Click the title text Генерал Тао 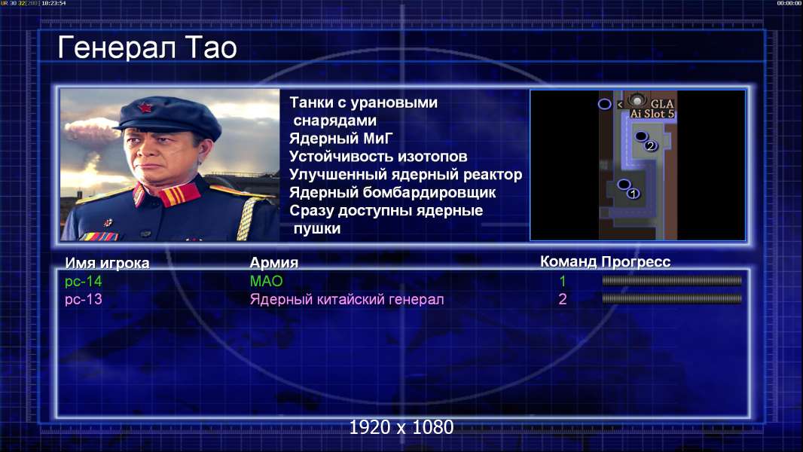tap(147, 47)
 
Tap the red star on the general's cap tap(145, 108)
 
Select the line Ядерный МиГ tap(340, 138)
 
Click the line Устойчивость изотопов tap(378, 156)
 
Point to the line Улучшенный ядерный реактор tap(405, 175)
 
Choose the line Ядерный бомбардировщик tap(392, 192)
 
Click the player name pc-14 tap(84, 281)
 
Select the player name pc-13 tap(84, 299)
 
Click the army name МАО tap(267, 281)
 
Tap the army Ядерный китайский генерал tap(347, 299)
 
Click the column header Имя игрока tap(107, 263)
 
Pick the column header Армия tap(274, 263)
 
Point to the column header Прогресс tap(636, 261)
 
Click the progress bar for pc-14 tap(672, 280)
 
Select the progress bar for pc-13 tap(672, 298)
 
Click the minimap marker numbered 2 tap(650, 146)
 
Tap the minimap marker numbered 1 tap(634, 194)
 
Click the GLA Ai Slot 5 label tap(652, 108)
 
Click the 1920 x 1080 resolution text tap(401, 427)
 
